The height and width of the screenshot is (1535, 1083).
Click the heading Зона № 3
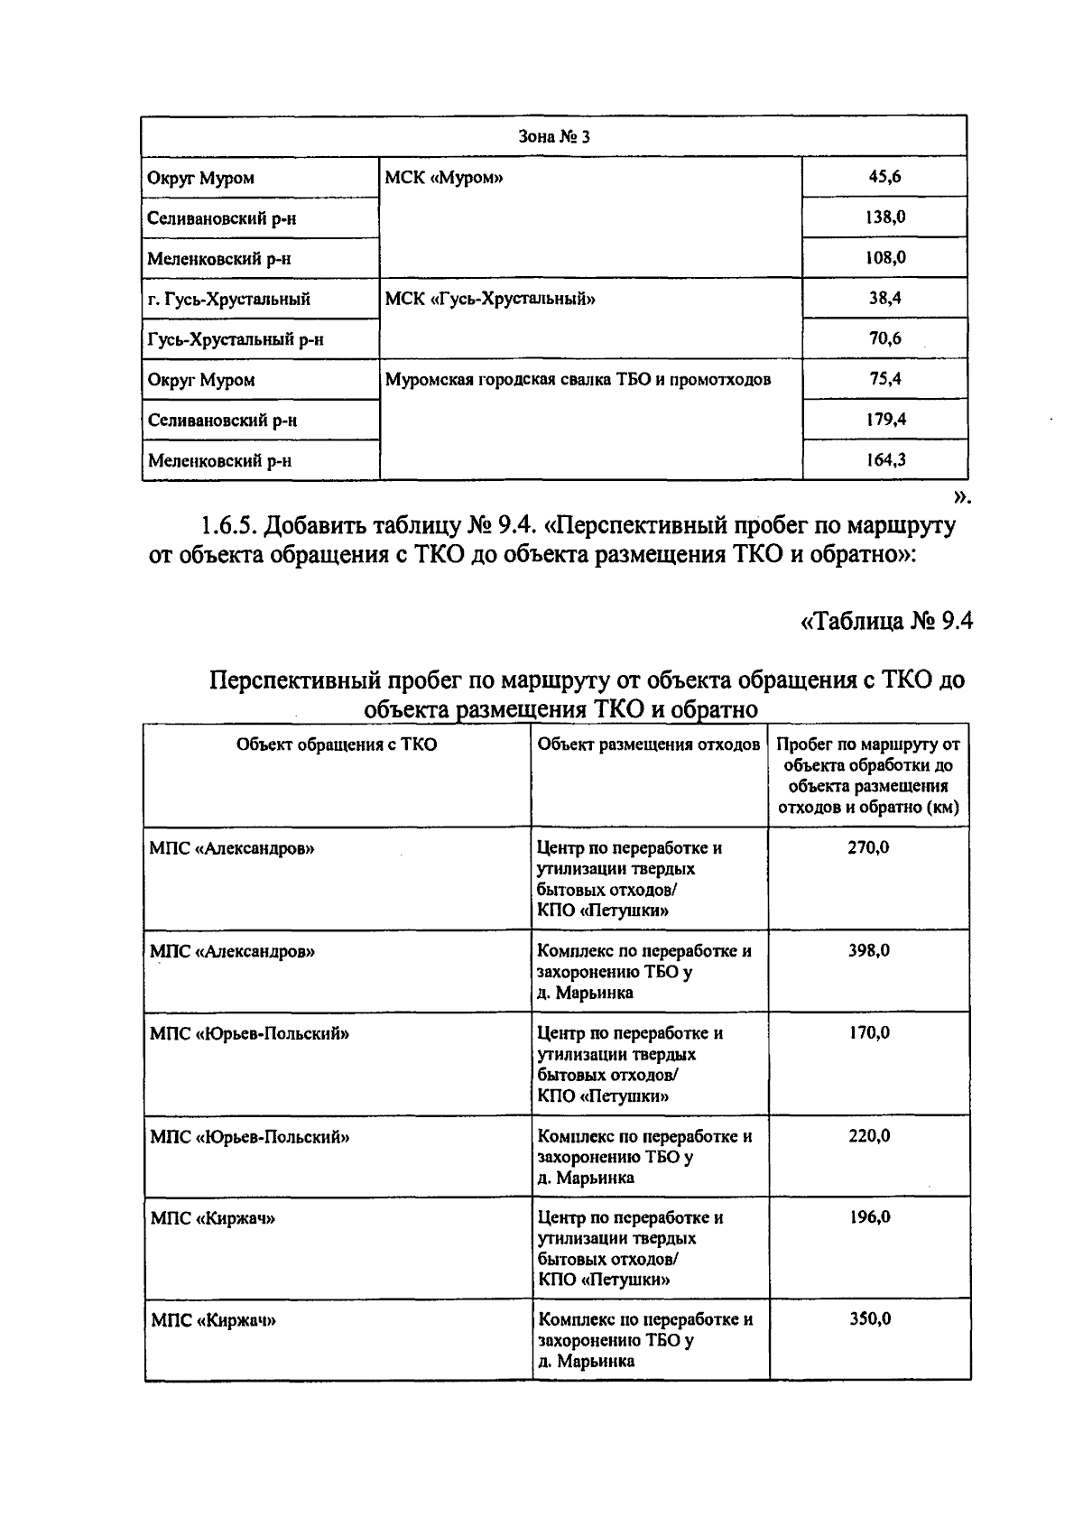click(554, 137)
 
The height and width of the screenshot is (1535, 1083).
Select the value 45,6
click(884, 177)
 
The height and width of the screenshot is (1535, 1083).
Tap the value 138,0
click(884, 217)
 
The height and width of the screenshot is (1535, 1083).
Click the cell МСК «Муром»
click(444, 178)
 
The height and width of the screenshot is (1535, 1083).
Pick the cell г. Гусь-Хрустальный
click(229, 299)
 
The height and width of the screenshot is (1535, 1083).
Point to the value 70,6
click(884, 338)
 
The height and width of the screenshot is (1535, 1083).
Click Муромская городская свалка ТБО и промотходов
click(579, 379)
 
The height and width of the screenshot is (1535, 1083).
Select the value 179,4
click(884, 420)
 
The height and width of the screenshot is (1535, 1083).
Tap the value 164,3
click(884, 460)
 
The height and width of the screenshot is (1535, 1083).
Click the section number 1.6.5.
click(229, 524)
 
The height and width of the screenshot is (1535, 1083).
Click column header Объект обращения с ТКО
click(337, 744)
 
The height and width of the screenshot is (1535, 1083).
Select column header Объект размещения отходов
click(649, 744)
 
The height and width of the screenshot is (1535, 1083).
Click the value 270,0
click(868, 847)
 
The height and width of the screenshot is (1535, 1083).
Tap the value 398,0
click(868, 950)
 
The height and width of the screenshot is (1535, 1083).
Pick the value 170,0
click(868, 1032)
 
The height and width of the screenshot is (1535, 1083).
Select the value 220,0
click(868, 1135)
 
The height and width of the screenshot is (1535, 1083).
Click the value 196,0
click(868, 1216)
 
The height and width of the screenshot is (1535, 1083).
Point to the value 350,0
click(869, 1318)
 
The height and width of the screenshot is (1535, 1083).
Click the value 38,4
click(884, 298)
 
